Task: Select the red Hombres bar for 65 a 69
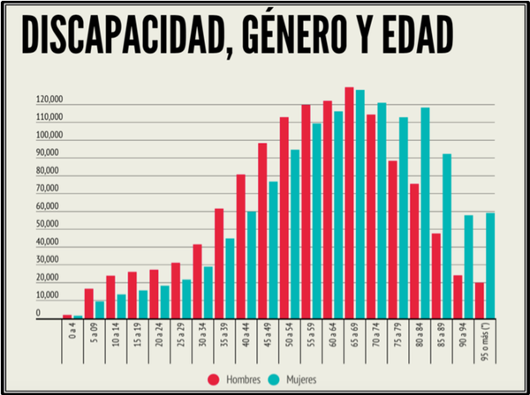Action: (350, 203)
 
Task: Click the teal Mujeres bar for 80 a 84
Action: (425, 212)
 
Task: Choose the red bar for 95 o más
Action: (480, 300)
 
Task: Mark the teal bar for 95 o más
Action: (490, 265)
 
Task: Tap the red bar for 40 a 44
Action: (241, 246)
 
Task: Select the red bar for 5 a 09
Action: (89, 302)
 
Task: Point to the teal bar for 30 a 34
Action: (208, 291)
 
